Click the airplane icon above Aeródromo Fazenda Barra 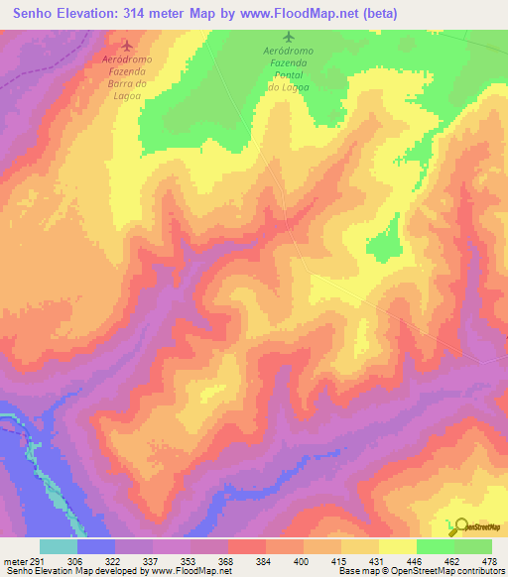point(126,45)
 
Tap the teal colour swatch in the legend point(59,546)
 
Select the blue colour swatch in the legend point(96,546)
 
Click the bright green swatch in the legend point(473,546)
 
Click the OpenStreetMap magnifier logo point(458,525)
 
